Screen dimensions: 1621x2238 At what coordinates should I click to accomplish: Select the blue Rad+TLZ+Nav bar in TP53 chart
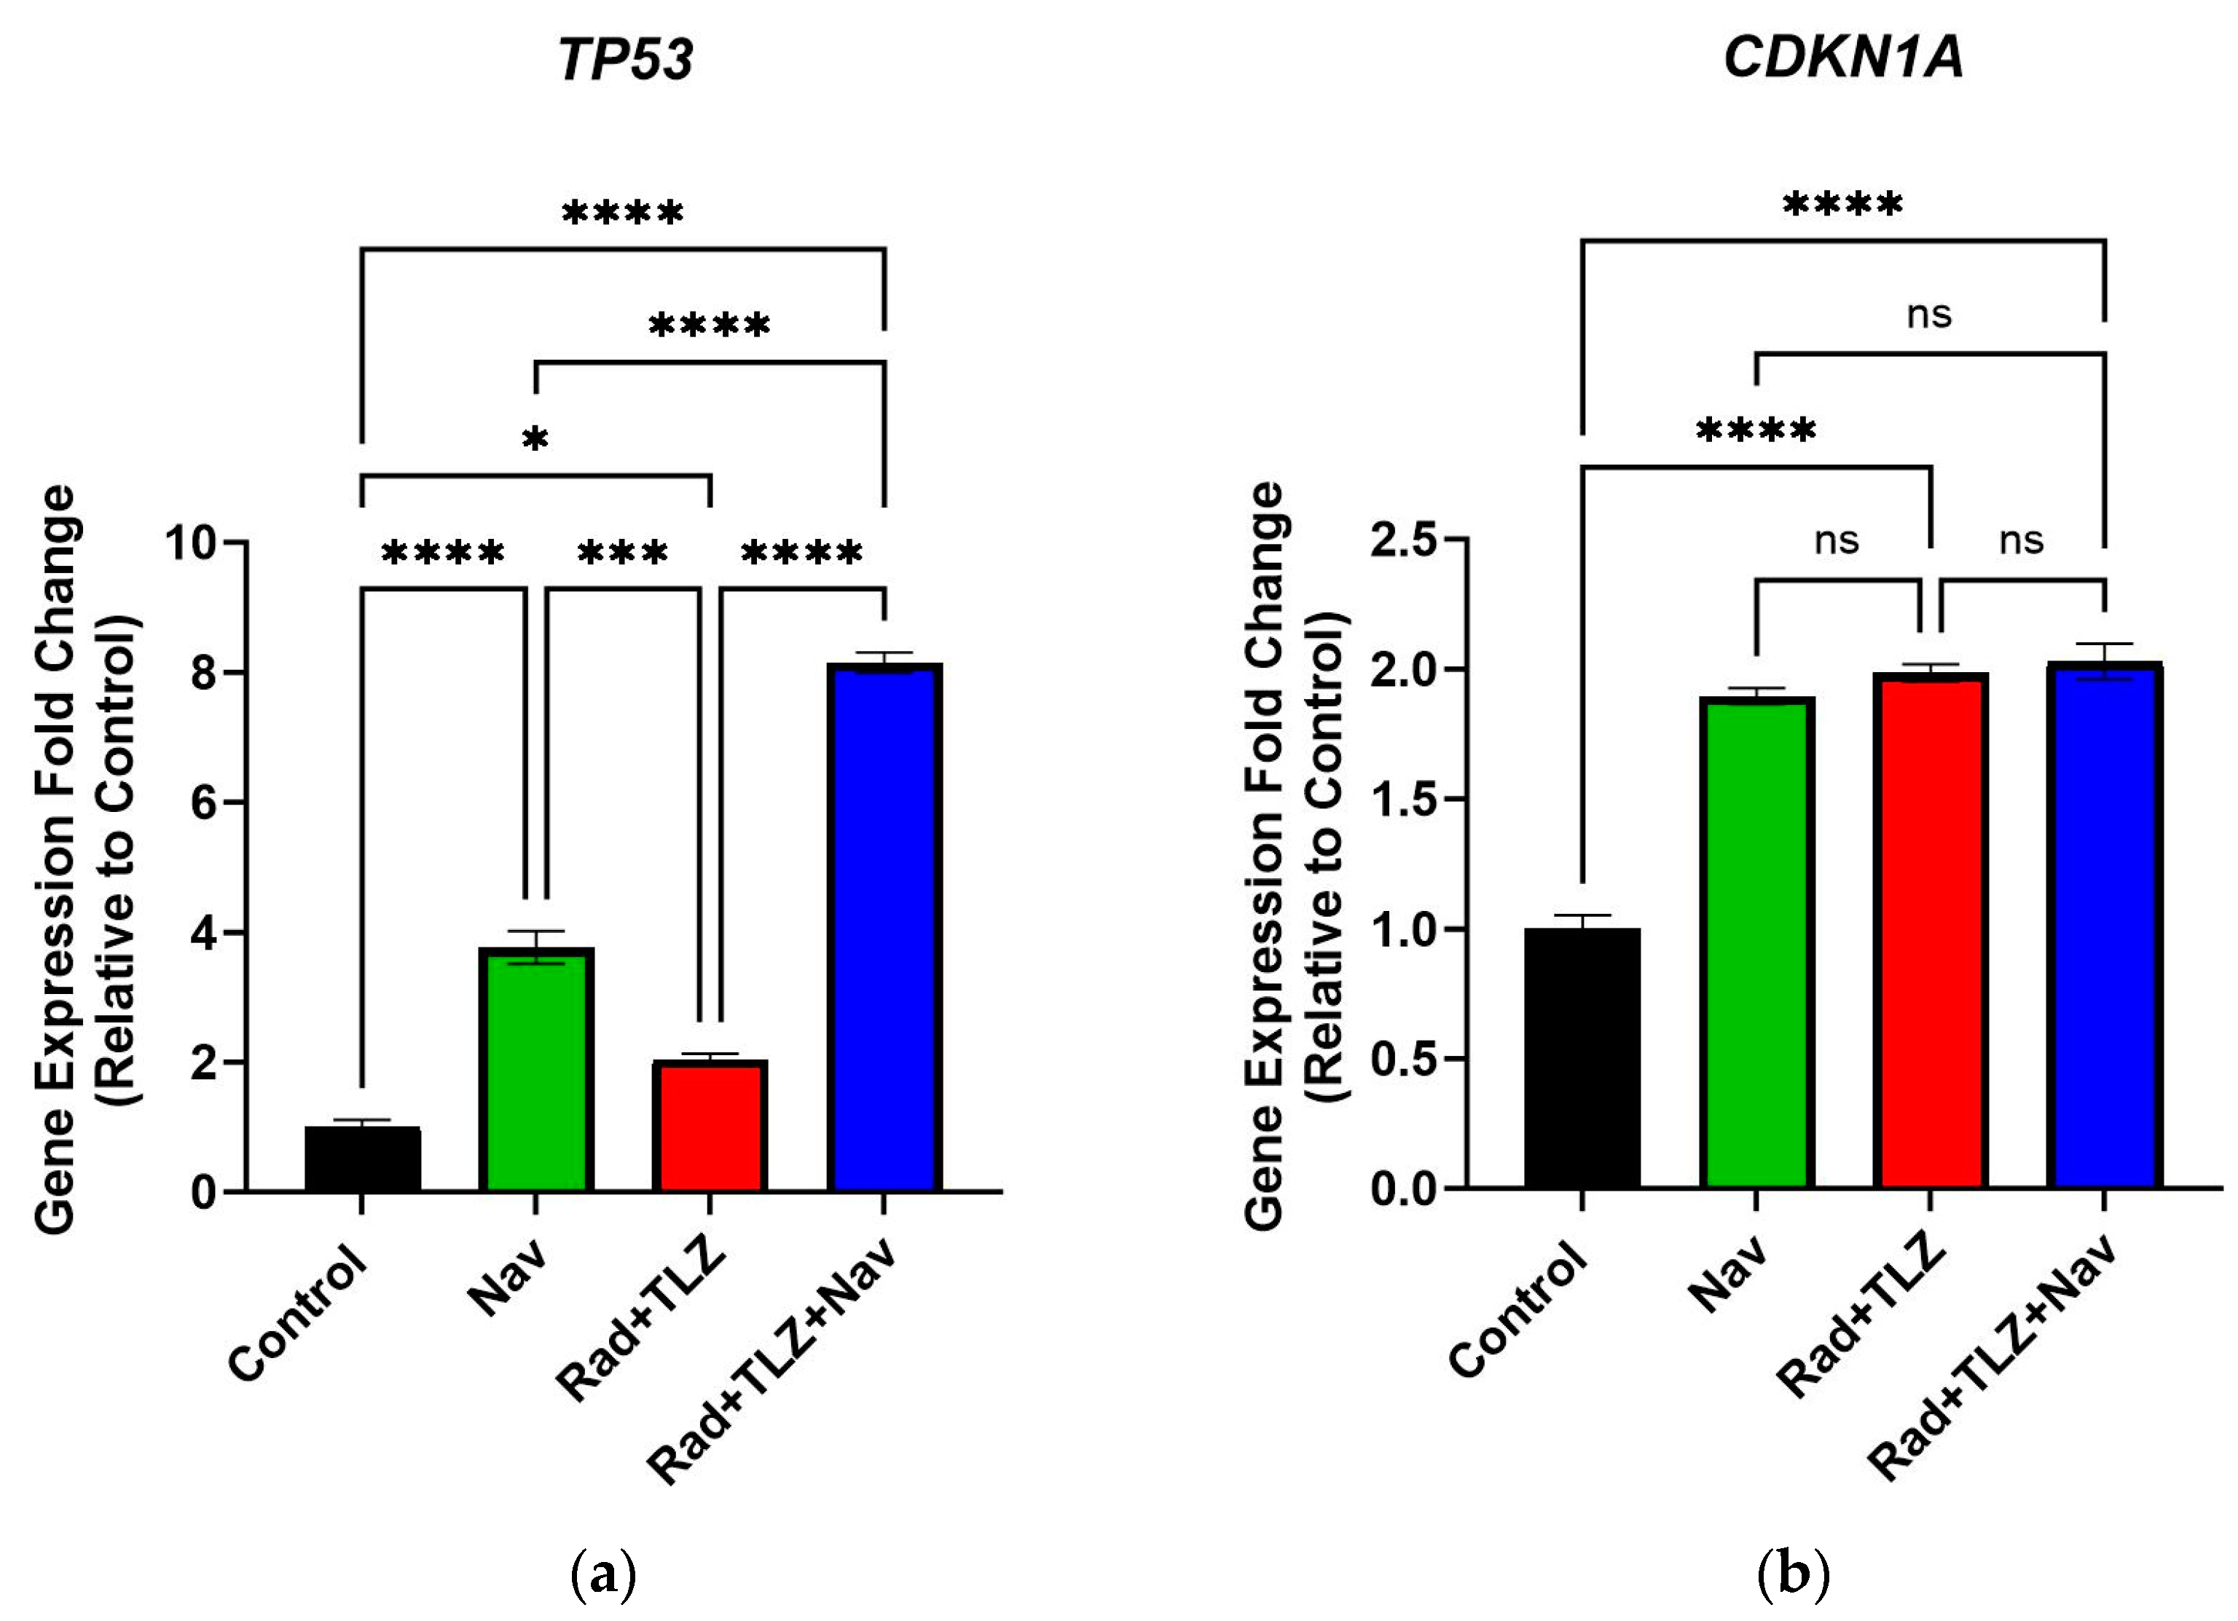[884, 928]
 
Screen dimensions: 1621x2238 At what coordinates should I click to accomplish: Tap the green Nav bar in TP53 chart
[535, 1070]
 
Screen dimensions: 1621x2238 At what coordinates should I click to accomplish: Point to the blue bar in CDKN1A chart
[2104, 928]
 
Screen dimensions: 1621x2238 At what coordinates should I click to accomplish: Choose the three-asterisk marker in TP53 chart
[623, 553]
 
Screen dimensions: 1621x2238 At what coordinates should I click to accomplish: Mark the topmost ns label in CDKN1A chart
[1928, 315]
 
